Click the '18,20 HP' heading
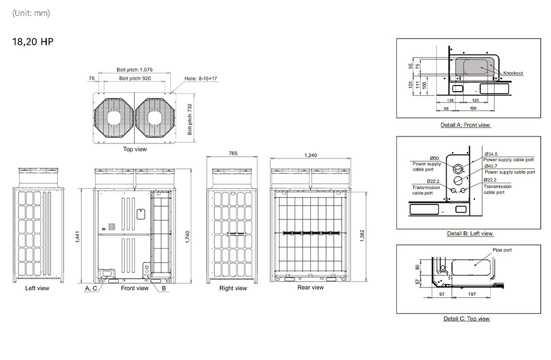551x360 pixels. click(x=33, y=42)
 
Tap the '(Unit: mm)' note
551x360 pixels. click(x=31, y=13)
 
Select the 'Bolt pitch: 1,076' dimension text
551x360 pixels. click(x=135, y=70)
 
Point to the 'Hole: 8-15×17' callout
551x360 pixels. click(x=201, y=78)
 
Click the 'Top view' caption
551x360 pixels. click(x=135, y=149)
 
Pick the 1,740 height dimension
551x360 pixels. click(x=188, y=237)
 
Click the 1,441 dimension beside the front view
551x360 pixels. click(x=78, y=237)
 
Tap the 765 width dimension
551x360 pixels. click(x=233, y=153)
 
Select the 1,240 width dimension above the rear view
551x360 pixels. click(x=311, y=155)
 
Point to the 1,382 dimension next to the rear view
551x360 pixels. click(x=363, y=236)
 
